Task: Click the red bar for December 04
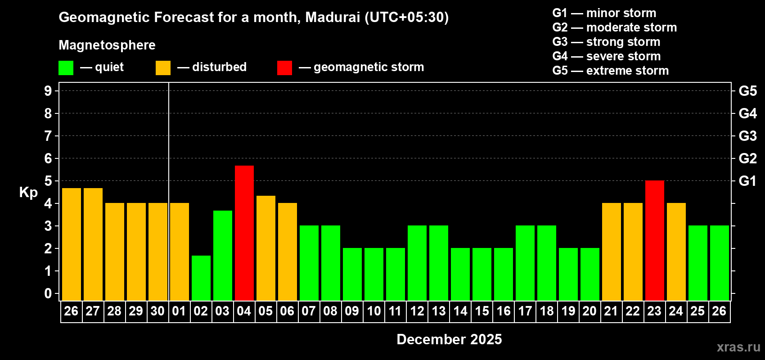244,233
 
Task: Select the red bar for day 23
655,241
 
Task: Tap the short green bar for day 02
201,278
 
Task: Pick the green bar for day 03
223,256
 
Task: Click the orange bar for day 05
266,248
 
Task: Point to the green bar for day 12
417,263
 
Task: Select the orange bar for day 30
158,252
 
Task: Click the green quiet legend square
66,68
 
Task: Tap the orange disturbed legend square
163,68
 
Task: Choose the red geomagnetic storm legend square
284,68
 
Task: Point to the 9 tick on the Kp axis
48,91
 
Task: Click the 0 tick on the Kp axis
48,294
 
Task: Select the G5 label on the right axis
747,91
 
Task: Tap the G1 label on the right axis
747,181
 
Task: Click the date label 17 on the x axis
525,311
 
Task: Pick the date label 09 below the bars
352,311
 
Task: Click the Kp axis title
28,193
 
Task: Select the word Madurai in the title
333,17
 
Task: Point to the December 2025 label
449,339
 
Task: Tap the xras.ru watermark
738,347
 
